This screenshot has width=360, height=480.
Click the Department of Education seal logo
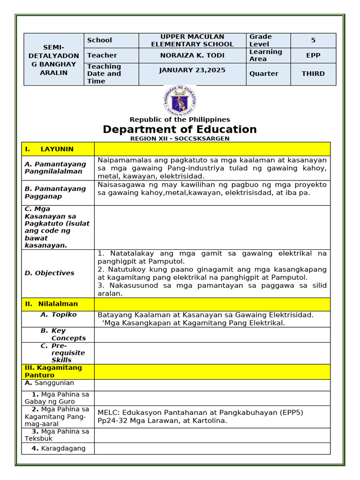(180, 100)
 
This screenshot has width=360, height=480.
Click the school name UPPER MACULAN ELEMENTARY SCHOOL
(192, 40)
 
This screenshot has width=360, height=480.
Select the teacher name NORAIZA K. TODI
(192, 55)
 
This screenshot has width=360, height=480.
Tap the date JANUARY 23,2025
(192, 70)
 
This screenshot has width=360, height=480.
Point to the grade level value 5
(313, 40)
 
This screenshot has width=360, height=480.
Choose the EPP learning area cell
(313, 55)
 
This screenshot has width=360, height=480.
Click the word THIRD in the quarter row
(313, 74)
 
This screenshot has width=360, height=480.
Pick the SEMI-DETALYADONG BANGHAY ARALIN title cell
(54, 60)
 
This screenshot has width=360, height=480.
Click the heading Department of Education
(180, 129)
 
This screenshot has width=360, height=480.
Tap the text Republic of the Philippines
(180, 120)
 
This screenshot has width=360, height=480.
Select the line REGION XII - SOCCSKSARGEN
(180, 138)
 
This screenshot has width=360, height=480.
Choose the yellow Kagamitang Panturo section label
(53, 371)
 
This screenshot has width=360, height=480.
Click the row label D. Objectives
(49, 273)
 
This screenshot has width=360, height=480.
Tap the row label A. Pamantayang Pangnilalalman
(55, 168)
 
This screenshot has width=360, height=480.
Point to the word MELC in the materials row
(106, 412)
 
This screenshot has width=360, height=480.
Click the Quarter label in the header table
(264, 74)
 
